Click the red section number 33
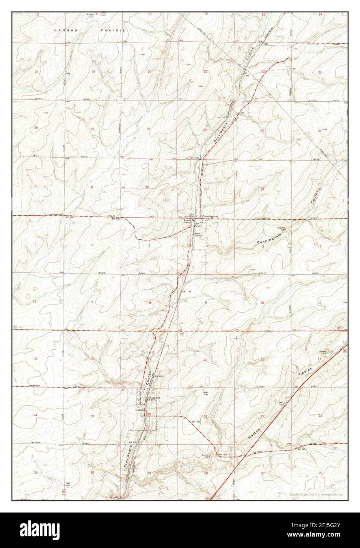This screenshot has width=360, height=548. point(205,189)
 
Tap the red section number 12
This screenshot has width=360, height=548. point(35,302)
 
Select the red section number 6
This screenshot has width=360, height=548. point(92,245)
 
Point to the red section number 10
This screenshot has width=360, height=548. point(262,302)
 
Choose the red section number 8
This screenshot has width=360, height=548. point(149,302)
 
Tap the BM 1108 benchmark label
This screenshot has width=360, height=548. point(223,455)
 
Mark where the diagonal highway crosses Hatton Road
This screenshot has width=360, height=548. point(245,455)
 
